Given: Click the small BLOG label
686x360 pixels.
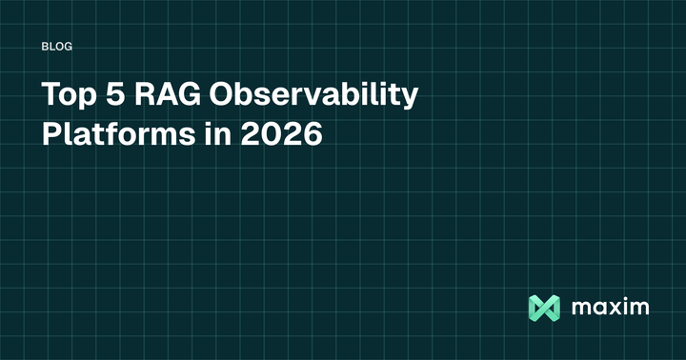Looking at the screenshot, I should [58, 46].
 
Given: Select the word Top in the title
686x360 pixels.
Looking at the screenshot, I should [66, 96].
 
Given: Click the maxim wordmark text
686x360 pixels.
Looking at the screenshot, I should [611, 308].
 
